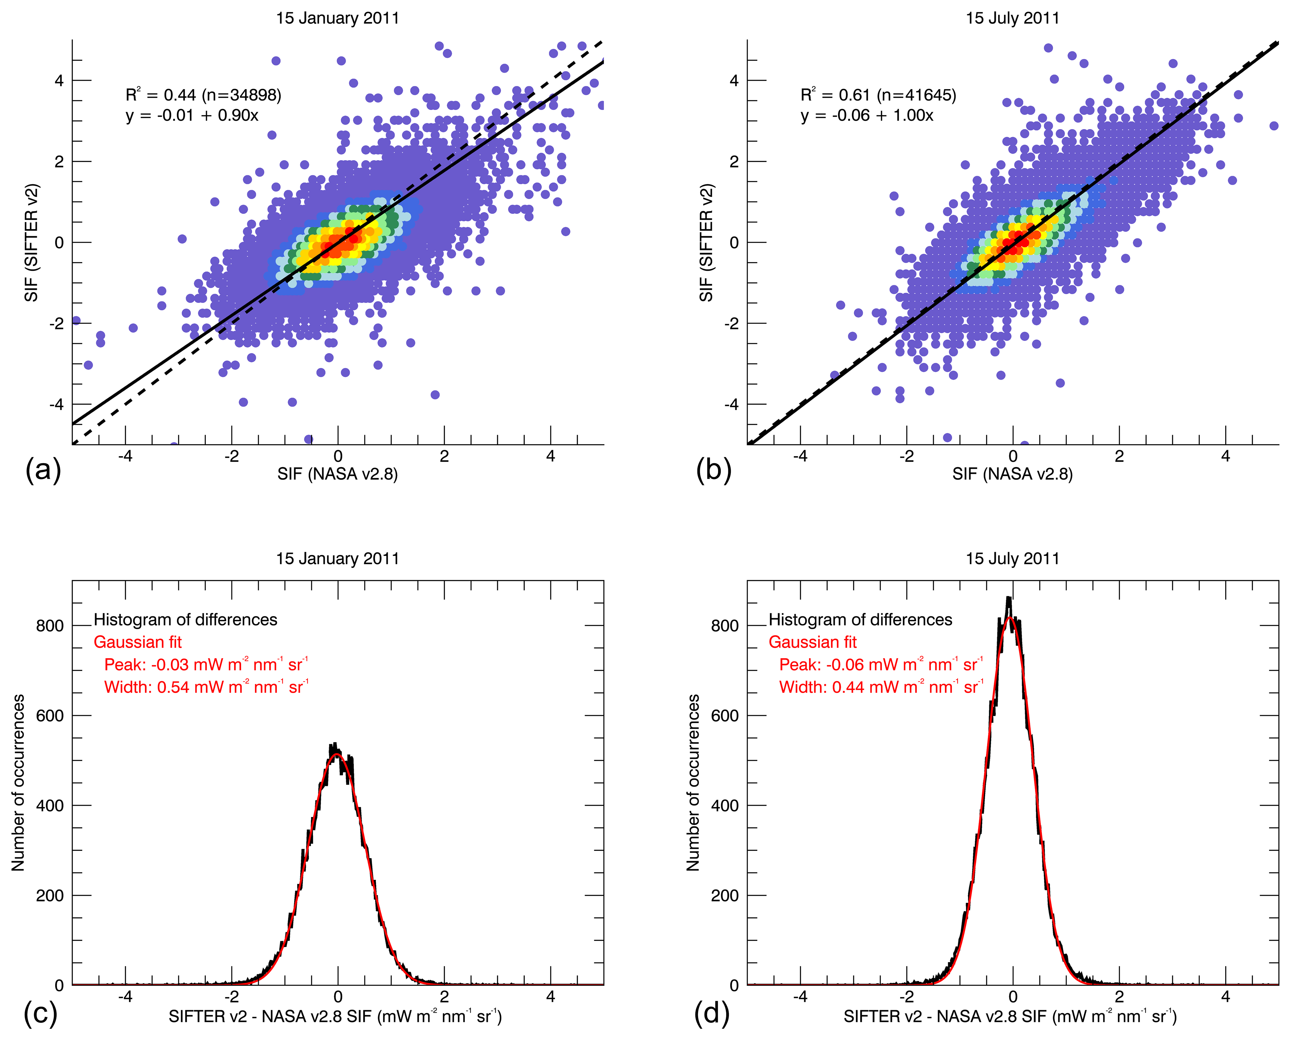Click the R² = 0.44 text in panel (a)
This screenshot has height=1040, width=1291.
(161, 95)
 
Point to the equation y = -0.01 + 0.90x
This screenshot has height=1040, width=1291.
(192, 115)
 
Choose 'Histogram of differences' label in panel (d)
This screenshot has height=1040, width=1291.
(860, 619)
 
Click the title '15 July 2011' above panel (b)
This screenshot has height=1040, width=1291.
(1012, 18)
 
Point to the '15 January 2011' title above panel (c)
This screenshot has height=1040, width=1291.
(337, 558)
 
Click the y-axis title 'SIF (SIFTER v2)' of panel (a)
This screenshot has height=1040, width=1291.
(31, 243)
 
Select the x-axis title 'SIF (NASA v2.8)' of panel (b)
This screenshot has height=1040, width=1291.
(1012, 474)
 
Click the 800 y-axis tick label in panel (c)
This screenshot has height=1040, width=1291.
(50, 626)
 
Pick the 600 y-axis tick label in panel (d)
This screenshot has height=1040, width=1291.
(725, 715)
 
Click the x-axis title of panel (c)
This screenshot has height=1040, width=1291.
(335, 1017)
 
